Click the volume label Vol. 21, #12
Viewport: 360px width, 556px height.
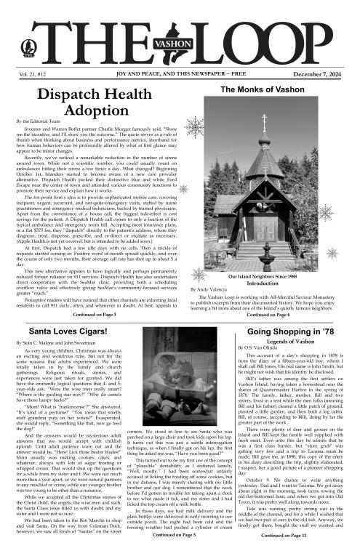(x=34, y=74)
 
